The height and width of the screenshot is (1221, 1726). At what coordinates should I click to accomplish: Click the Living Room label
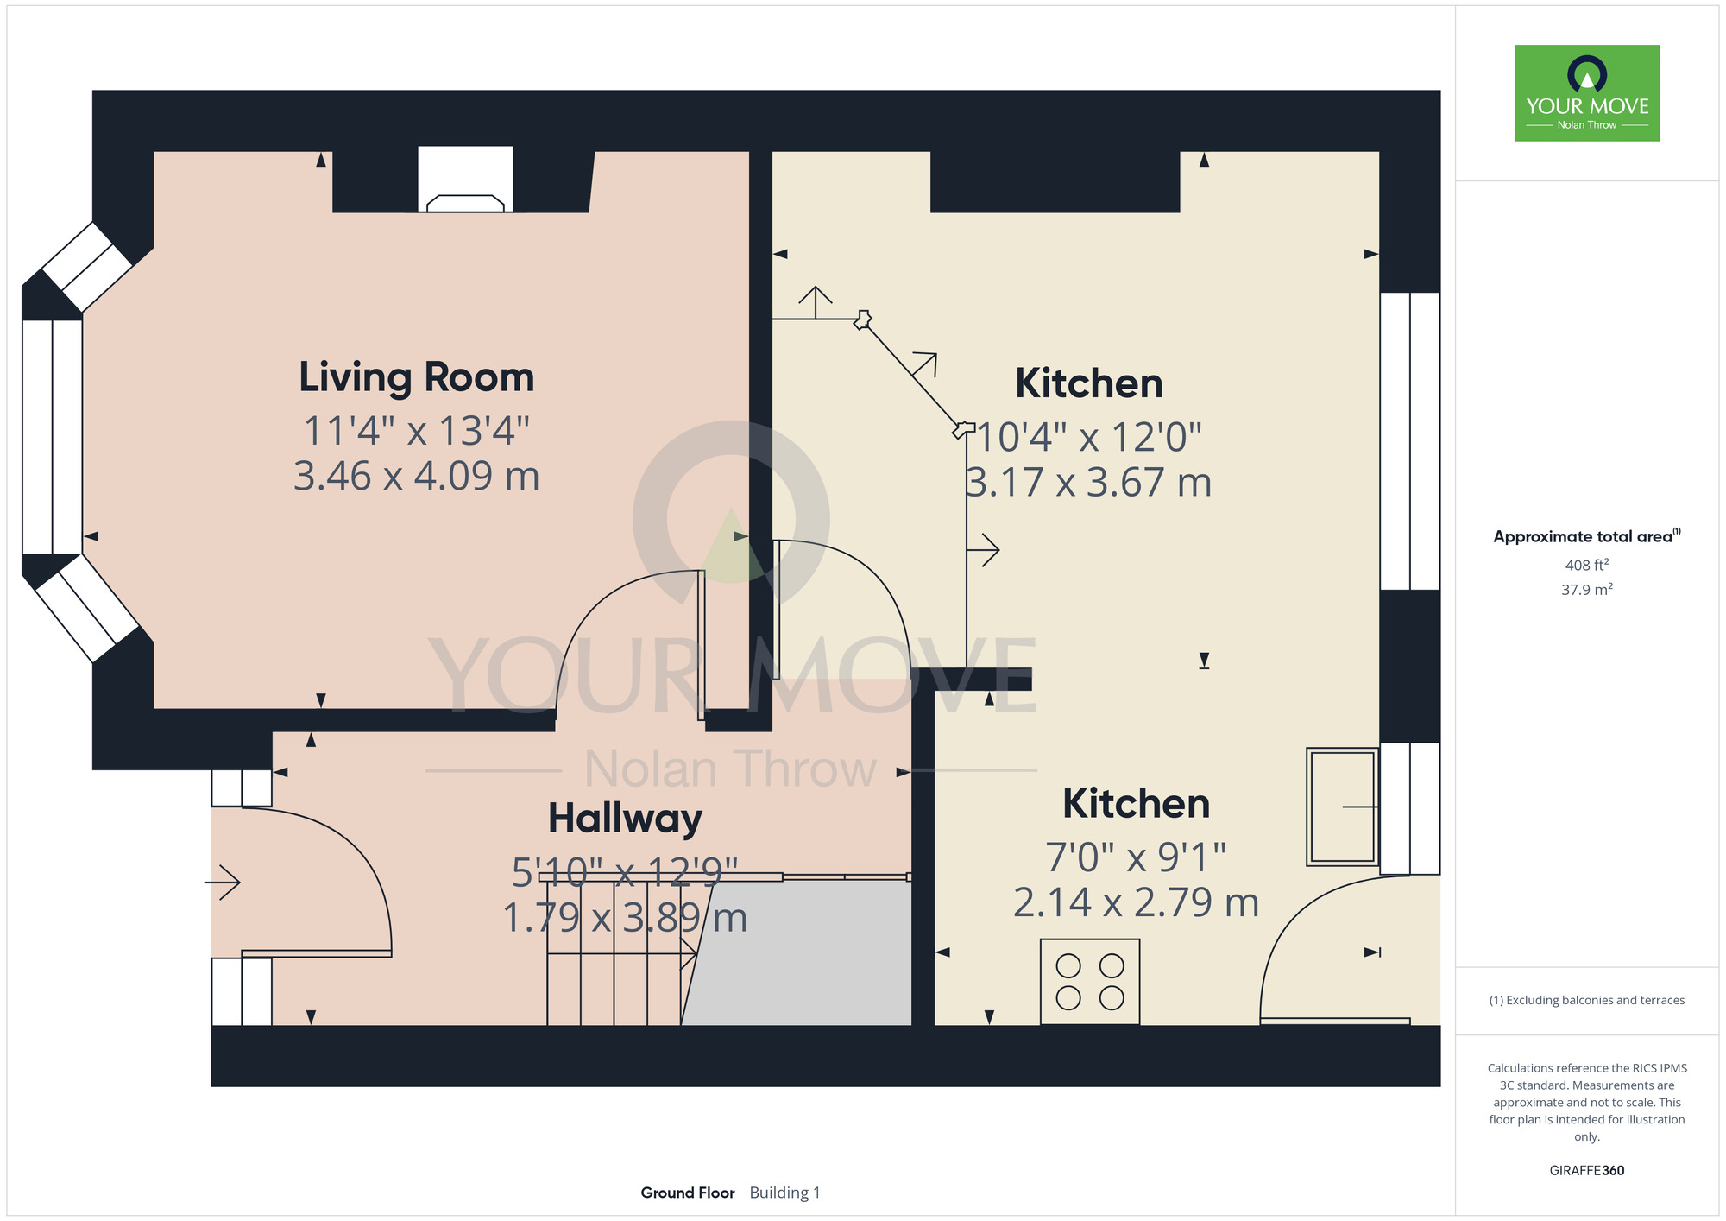(x=417, y=377)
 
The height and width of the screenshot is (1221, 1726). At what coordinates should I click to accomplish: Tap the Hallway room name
(x=625, y=818)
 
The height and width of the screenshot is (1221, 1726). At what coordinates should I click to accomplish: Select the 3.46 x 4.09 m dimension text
(x=417, y=476)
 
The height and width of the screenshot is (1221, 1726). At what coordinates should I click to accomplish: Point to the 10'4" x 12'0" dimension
(x=1089, y=437)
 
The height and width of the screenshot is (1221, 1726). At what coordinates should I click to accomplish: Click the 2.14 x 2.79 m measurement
(x=1136, y=902)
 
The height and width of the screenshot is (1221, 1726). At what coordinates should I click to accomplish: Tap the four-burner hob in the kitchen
(x=1090, y=982)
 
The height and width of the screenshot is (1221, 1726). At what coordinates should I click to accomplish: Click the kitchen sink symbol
(x=1342, y=807)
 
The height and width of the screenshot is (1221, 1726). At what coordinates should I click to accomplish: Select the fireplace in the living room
(x=465, y=180)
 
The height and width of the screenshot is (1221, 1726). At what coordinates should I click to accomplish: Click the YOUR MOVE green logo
(x=1587, y=93)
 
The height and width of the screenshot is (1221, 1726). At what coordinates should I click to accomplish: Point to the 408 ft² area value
(x=1587, y=565)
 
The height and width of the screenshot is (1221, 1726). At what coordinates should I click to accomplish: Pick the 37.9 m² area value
(x=1587, y=590)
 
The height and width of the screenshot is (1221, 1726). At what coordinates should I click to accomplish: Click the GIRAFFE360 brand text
(x=1587, y=1171)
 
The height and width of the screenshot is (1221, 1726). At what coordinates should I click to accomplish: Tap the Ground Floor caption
(x=688, y=1193)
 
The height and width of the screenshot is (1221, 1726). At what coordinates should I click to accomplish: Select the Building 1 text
(x=784, y=1193)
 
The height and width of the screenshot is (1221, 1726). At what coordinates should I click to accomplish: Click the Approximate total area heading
(x=1587, y=536)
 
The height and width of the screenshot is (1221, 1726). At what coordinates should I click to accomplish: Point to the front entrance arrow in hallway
(x=222, y=882)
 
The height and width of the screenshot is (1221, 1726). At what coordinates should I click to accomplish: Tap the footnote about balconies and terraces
(x=1587, y=1000)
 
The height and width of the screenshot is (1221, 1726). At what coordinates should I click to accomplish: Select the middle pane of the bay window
(x=52, y=437)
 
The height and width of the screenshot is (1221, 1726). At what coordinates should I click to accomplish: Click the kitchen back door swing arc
(x=1294, y=915)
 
